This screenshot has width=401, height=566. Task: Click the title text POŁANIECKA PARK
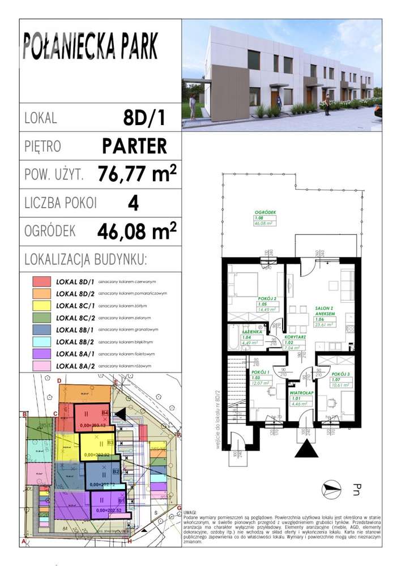click(91, 47)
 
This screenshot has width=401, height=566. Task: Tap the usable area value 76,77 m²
click(136, 173)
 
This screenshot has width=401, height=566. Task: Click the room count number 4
click(134, 203)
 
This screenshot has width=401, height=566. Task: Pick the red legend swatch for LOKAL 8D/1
click(41, 281)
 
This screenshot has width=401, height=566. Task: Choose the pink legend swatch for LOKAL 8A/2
click(41, 366)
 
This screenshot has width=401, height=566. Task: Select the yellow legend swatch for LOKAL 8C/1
click(41, 306)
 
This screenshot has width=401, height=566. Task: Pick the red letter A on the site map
click(23, 542)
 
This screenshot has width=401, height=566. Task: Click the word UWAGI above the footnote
click(190, 511)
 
